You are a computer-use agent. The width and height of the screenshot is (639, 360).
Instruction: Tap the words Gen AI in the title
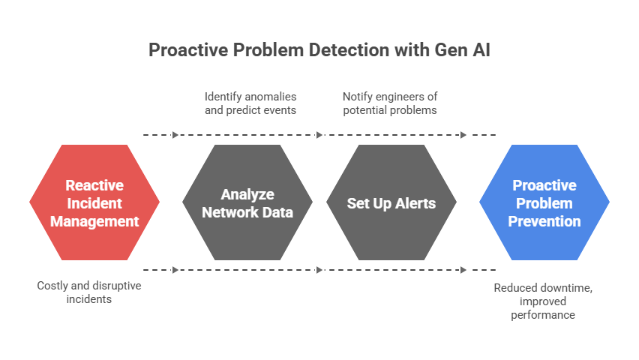tap(463, 49)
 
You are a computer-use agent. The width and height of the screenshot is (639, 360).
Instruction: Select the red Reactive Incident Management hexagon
tap(94, 202)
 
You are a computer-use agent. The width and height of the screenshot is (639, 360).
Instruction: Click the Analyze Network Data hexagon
tap(247, 202)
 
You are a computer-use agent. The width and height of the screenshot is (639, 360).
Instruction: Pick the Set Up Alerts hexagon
tap(391, 202)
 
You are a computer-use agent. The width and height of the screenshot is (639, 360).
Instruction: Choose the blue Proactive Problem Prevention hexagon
tap(544, 202)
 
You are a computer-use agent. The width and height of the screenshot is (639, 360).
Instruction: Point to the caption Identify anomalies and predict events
tap(250, 103)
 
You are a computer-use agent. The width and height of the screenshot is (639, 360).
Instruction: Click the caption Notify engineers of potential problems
tap(390, 103)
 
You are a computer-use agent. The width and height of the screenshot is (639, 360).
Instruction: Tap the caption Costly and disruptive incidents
tap(89, 292)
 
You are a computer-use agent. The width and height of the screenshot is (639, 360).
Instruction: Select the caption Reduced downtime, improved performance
tap(544, 301)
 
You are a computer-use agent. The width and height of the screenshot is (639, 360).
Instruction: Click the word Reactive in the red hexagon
tap(94, 185)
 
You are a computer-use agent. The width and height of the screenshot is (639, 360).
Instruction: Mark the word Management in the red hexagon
tap(94, 221)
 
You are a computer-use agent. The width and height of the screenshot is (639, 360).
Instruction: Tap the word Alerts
tap(415, 203)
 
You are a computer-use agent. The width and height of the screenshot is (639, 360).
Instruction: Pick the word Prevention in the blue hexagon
tap(544, 221)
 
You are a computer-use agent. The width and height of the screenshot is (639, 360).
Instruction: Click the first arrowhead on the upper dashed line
tap(175, 135)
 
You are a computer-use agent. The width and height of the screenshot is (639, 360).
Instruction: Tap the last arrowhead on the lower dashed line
tap(463, 270)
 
